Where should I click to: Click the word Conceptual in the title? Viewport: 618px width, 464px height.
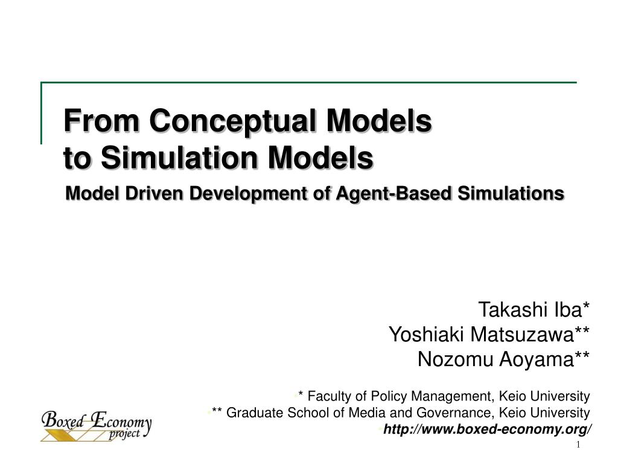pos(233,120)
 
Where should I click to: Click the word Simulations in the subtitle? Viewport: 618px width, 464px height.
pos(511,193)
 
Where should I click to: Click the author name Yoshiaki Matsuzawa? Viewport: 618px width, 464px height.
pos(489,334)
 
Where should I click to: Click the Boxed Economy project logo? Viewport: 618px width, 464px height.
pos(96,425)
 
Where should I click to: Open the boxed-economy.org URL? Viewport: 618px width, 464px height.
pos(488,429)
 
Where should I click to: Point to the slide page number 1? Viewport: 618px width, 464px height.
pos(578,445)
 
